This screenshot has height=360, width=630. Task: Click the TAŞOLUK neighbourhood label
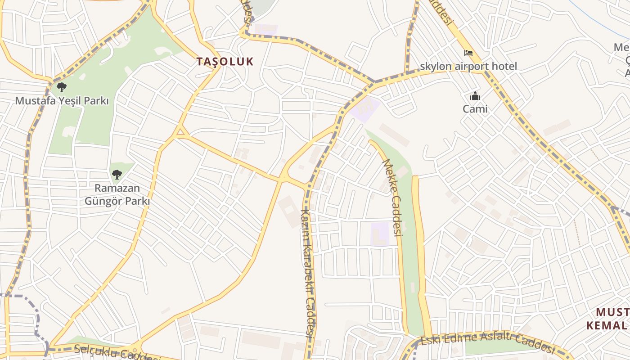pos(225,62)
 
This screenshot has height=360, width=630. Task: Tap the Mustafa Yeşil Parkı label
pos(62,101)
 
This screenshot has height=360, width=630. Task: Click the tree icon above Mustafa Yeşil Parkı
pos(62,87)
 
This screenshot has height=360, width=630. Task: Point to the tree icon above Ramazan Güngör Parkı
pos(117,174)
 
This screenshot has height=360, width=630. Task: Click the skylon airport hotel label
pos(468,67)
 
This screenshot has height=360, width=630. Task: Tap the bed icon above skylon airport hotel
pos(468,53)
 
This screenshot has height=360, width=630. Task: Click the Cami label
pos(475,109)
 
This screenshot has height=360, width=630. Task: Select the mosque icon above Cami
pos(475,96)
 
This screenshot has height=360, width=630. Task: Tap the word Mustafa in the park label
pos(36,101)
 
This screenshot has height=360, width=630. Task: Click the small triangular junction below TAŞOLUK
pos(181,132)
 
